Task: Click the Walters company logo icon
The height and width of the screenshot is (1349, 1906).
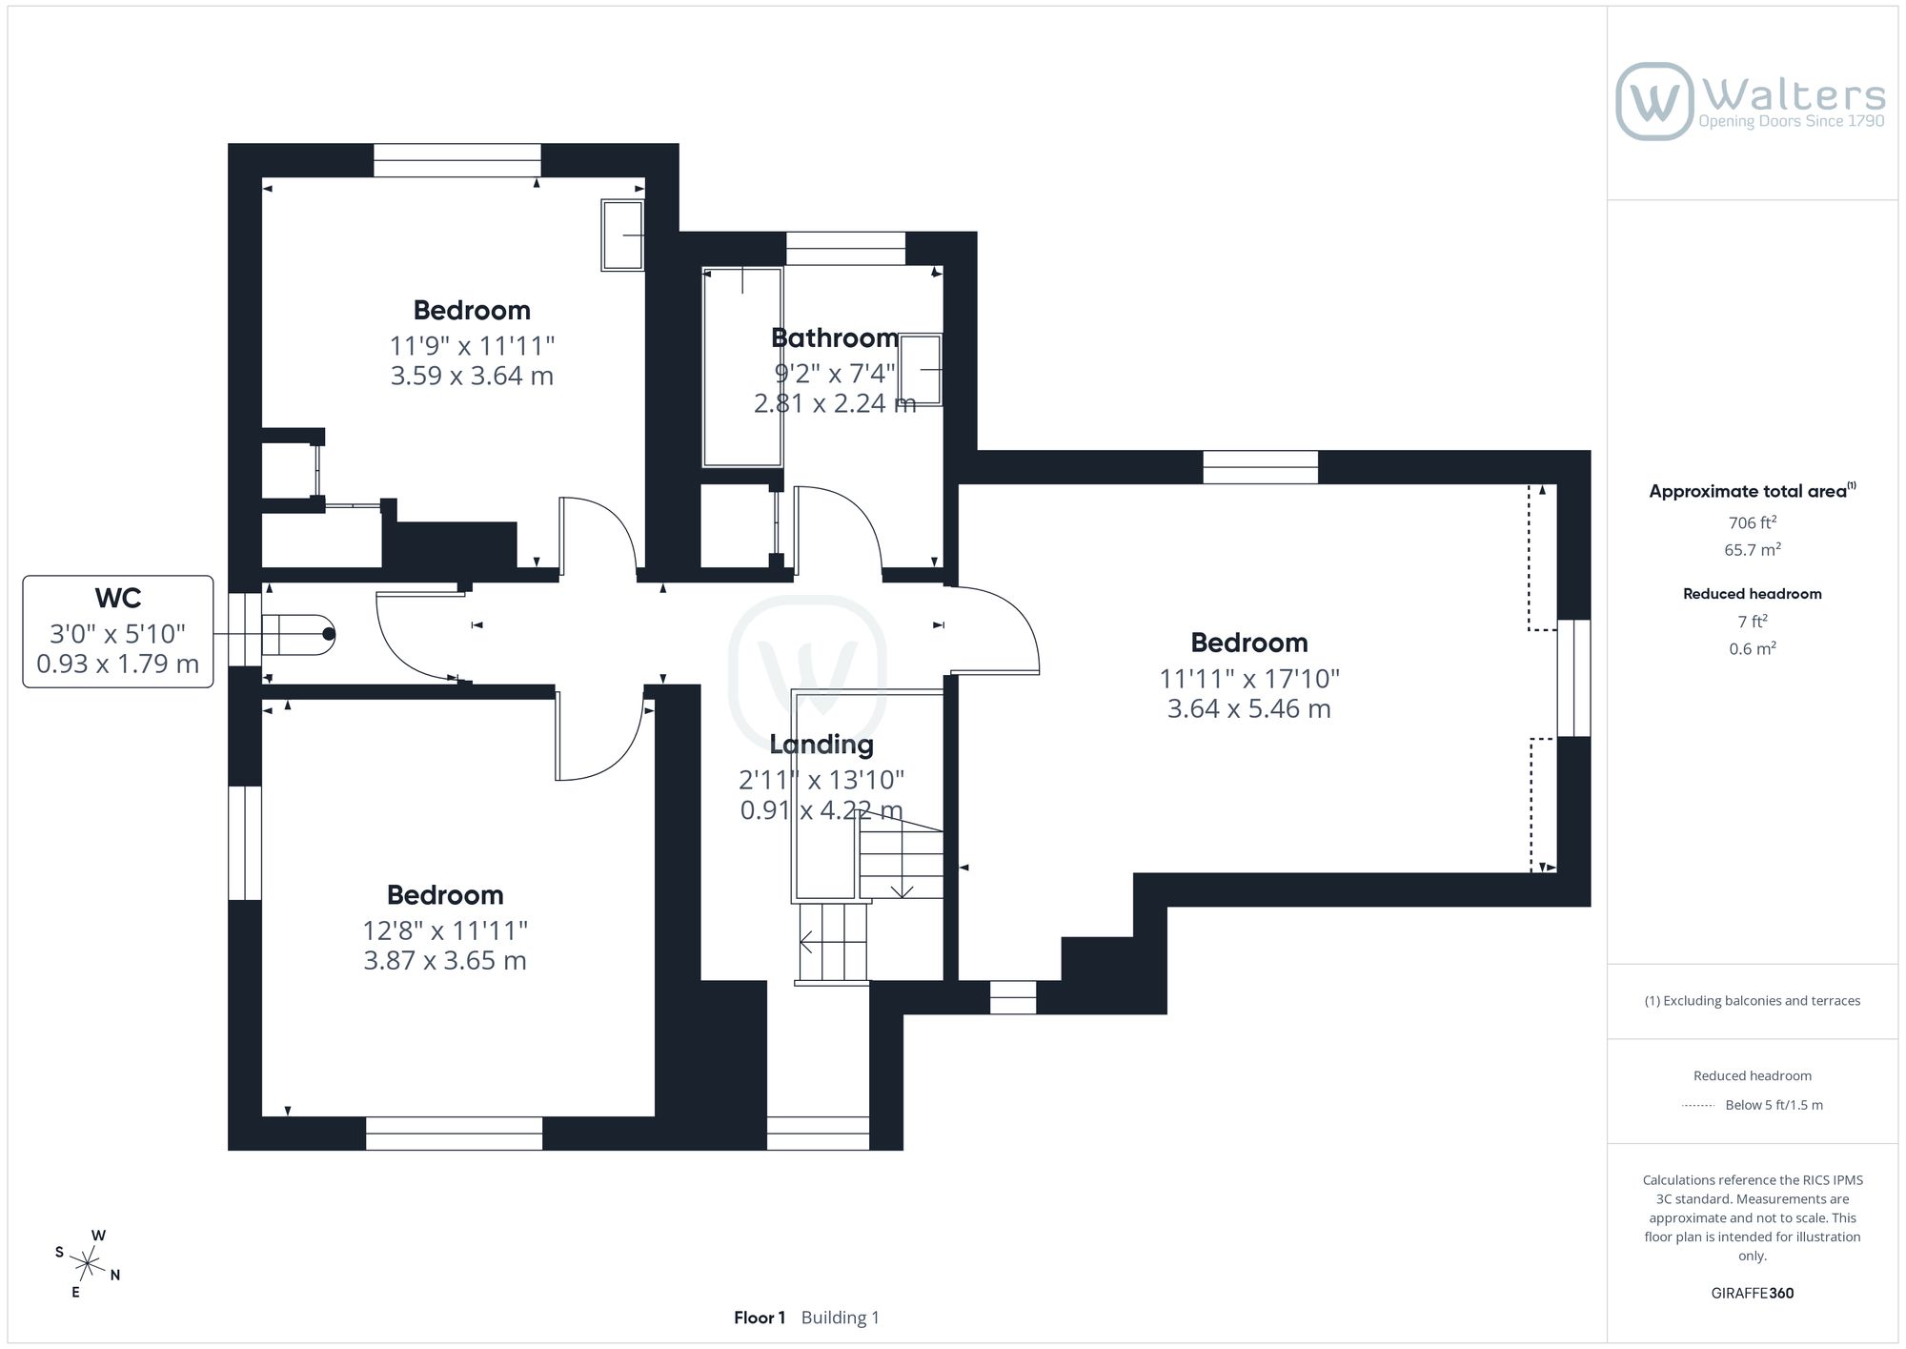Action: [1654, 101]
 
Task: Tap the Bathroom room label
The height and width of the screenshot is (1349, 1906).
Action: [835, 338]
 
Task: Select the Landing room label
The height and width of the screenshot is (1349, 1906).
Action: [821, 745]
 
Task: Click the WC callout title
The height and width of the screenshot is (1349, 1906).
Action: [118, 599]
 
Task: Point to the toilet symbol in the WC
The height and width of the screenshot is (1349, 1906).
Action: [298, 634]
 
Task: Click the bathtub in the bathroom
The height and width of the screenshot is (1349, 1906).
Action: [742, 367]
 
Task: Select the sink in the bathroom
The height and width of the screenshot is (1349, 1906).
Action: [921, 370]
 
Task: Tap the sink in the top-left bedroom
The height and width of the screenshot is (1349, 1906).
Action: [623, 235]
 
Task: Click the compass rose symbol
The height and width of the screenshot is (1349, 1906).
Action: [88, 1264]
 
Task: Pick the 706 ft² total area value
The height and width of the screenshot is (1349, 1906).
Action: [1752, 522]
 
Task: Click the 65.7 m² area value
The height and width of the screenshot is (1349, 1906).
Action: [1752, 550]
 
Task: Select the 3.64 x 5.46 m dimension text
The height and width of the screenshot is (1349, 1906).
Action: [1248, 709]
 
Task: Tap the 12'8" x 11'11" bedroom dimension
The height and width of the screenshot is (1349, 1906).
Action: [445, 930]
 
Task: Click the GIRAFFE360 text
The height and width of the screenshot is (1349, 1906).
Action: [1752, 1294]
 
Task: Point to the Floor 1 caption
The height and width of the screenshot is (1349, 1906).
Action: [760, 1318]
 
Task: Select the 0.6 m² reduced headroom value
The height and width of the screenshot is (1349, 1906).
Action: [1752, 649]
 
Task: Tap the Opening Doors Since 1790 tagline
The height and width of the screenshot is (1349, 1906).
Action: [1792, 121]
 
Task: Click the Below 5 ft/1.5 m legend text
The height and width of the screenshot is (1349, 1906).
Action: [1774, 1105]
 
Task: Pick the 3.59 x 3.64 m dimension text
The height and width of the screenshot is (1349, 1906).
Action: [472, 376]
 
